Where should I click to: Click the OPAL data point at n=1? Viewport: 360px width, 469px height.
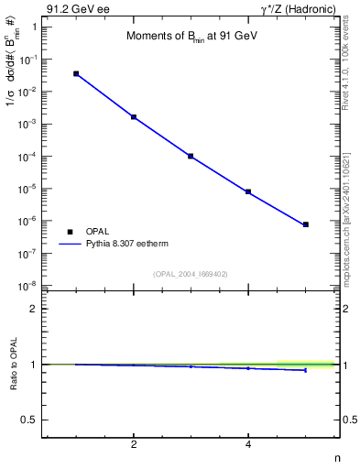click(x=76, y=73)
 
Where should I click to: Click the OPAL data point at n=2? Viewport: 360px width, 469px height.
click(x=134, y=117)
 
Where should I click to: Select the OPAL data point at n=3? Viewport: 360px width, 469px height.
click(x=191, y=157)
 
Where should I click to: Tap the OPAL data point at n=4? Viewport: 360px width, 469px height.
click(x=248, y=191)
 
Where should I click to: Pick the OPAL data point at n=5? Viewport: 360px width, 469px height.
click(x=306, y=224)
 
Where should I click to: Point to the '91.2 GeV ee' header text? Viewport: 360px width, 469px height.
click(x=74, y=9)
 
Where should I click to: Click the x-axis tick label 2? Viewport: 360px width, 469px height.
click(x=134, y=445)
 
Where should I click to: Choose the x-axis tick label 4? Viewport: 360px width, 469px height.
click(x=248, y=445)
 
